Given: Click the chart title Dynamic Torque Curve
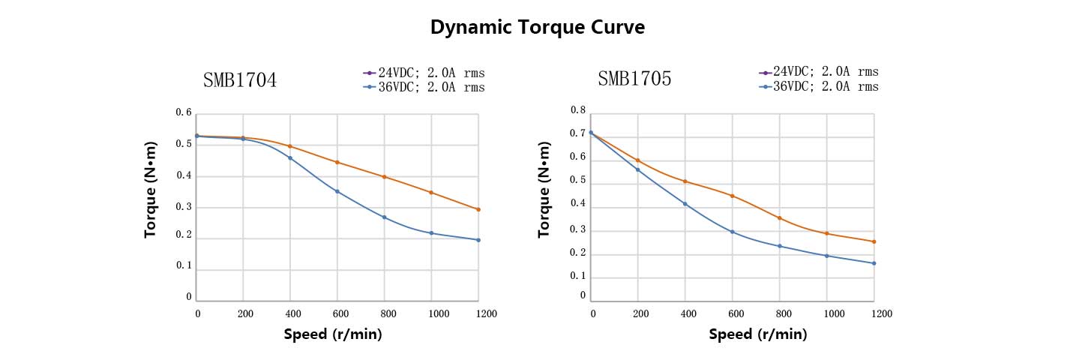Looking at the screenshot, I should [537, 28].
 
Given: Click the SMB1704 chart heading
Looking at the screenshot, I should [240, 80].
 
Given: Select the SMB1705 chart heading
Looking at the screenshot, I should [634, 79].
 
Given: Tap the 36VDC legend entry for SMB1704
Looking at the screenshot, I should [424, 87].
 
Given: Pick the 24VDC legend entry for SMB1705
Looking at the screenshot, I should [819, 72].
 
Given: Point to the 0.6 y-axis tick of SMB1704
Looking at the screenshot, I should [184, 112].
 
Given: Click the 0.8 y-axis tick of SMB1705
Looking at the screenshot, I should [577, 110].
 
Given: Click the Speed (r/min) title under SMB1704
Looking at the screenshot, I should [333, 334].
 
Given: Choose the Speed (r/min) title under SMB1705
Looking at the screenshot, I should [758, 334].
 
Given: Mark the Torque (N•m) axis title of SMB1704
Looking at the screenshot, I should [151, 190].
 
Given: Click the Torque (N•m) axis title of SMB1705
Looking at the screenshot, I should [544, 190].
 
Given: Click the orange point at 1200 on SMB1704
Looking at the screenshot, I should [478, 209].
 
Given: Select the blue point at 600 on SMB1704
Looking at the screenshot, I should [337, 191].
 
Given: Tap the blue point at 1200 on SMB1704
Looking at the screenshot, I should [478, 240].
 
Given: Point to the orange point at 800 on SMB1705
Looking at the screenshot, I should [780, 218].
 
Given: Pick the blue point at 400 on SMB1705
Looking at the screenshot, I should [685, 203].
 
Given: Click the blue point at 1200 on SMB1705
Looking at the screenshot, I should [874, 263].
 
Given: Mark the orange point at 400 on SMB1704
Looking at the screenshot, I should [290, 146].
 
